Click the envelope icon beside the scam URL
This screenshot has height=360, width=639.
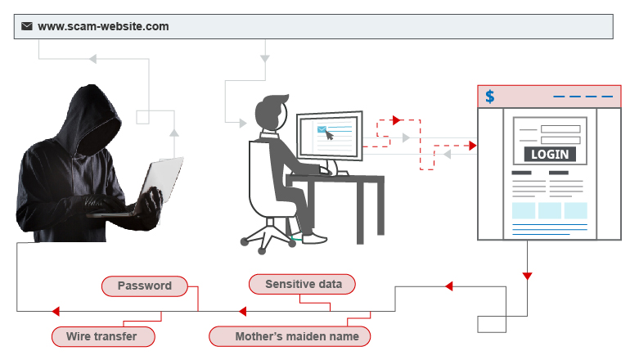pyautogui.click(x=27, y=26)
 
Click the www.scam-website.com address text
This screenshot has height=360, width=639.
pyautogui.click(x=103, y=26)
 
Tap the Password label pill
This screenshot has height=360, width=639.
pyautogui.click(x=145, y=286)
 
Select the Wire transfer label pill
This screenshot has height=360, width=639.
pyautogui.click(x=103, y=336)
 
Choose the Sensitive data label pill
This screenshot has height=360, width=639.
pyautogui.click(x=302, y=284)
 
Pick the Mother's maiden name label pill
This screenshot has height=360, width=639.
pyautogui.click(x=290, y=336)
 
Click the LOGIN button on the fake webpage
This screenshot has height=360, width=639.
pyautogui.click(x=550, y=155)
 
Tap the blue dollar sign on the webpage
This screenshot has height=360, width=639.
pyautogui.click(x=490, y=97)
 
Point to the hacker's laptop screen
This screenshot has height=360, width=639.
pyautogui.click(x=162, y=179)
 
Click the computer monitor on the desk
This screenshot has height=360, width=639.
pyautogui.click(x=330, y=136)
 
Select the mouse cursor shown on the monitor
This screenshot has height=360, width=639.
pyautogui.click(x=329, y=135)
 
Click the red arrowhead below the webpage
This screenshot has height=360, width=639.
pyautogui.click(x=528, y=276)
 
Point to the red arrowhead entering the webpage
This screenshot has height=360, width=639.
pyautogui.click(x=473, y=146)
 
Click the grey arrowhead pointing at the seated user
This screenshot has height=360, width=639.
pyautogui.click(x=243, y=123)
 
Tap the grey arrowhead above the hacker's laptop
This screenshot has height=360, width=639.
pyautogui.click(x=174, y=133)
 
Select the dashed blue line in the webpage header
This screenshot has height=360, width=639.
pyautogui.click(x=583, y=97)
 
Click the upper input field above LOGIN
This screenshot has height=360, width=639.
pyautogui.click(x=560, y=129)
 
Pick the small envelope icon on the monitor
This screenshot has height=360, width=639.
pyautogui.click(x=322, y=129)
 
